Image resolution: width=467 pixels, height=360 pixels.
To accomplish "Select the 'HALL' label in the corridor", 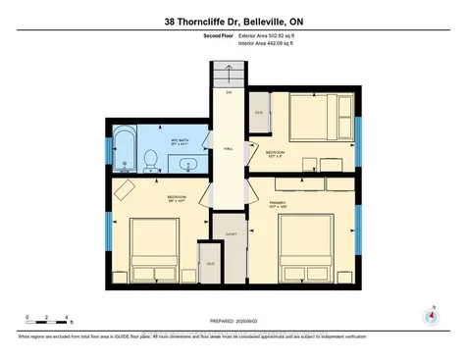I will click(229, 149).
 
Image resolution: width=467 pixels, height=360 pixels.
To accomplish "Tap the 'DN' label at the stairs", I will click(228, 93).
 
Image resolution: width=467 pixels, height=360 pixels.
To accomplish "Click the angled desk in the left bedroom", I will click(125, 187).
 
